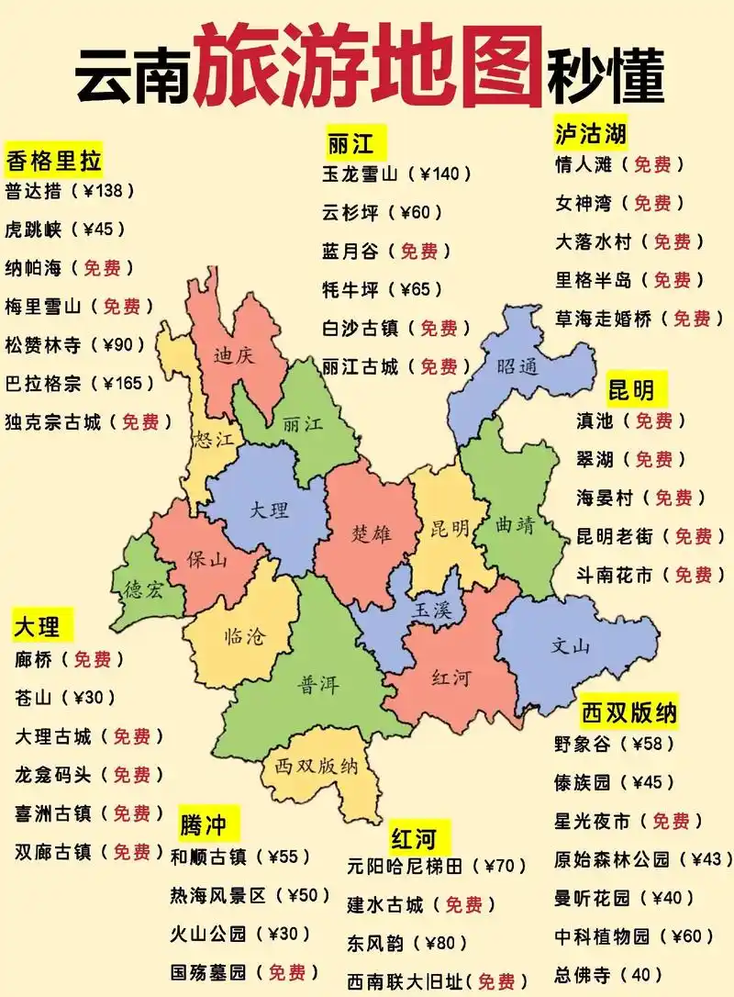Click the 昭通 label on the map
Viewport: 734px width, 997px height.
pyautogui.click(x=517, y=366)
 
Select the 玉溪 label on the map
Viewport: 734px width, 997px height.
pyautogui.click(x=432, y=609)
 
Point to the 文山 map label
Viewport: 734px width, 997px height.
pyautogui.click(x=571, y=645)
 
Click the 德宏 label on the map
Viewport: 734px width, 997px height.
pyautogui.click(x=143, y=590)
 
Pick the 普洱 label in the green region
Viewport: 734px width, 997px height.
pyautogui.click(x=317, y=685)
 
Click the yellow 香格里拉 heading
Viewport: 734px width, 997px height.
pyautogui.click(x=53, y=162)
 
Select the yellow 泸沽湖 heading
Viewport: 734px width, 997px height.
pyautogui.click(x=591, y=133)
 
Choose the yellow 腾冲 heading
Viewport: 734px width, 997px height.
pyautogui.click(x=203, y=823)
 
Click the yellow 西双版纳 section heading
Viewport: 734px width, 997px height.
pyautogui.click(x=629, y=711)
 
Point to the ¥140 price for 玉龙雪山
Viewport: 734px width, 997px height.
pyautogui.click(x=444, y=173)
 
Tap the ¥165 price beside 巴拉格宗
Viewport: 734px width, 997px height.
pyautogui.click(x=129, y=383)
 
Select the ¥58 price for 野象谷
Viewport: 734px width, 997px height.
pyautogui.click(x=659, y=743)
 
